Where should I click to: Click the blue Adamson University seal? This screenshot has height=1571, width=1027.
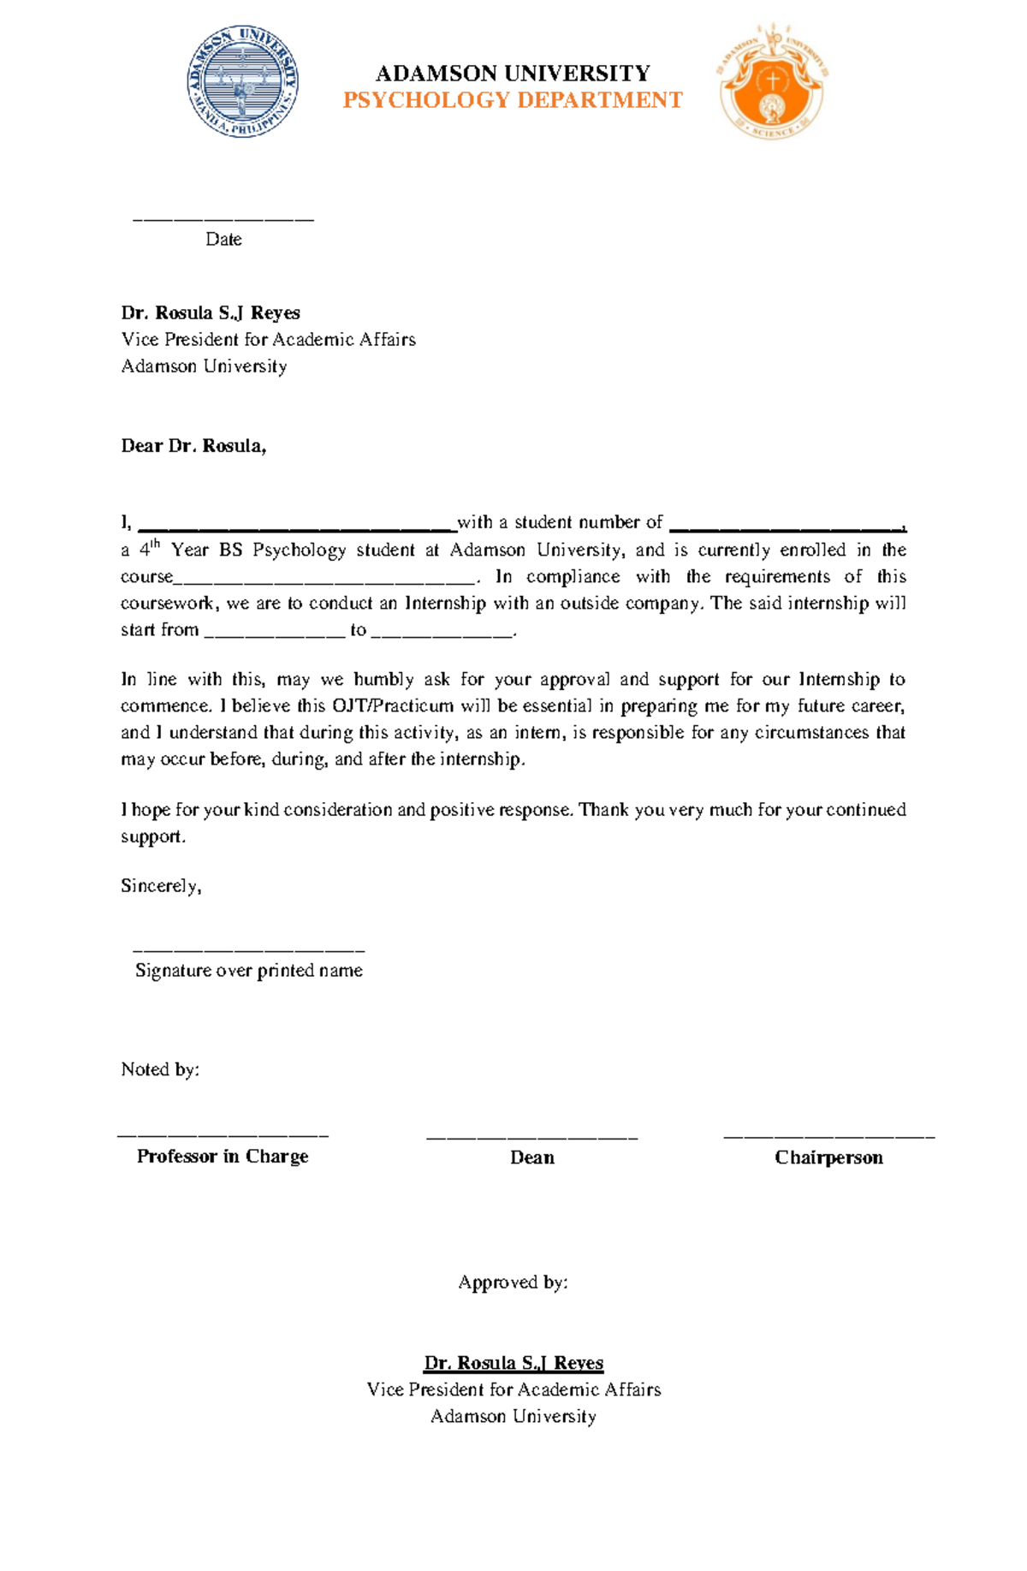pos(243,82)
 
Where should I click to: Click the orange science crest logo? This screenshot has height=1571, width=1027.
pos(773,82)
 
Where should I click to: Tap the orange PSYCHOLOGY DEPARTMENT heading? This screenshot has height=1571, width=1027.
pos(513,101)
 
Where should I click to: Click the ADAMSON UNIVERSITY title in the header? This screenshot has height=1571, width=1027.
pos(513,73)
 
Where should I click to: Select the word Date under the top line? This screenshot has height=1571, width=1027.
pos(223,240)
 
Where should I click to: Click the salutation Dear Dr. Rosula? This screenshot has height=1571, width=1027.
pos(193,446)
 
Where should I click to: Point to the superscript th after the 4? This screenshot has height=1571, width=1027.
pos(156,544)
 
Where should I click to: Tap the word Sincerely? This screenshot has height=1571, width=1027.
pos(161,886)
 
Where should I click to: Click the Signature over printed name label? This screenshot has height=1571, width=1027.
pos(249,971)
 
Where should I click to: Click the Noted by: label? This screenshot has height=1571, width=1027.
pos(160,1070)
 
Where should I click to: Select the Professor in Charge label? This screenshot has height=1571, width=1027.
pos(223,1157)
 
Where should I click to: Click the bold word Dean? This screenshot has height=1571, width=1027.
pos(532,1158)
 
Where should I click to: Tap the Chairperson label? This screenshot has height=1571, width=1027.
pos(828,1158)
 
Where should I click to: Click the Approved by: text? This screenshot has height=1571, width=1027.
pos(513,1282)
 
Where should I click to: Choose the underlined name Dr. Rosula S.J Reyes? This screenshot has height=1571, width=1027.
pos(513,1363)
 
